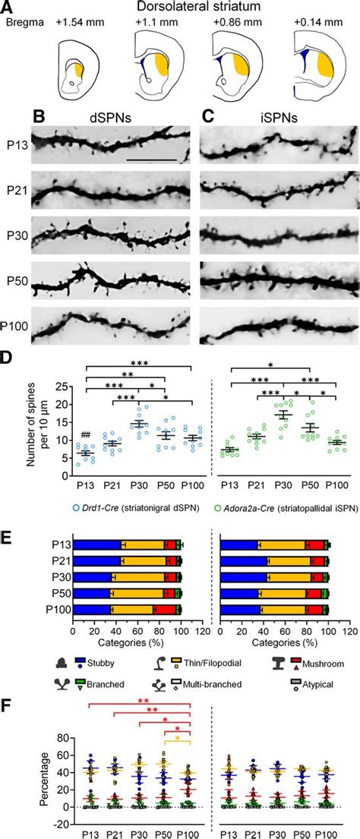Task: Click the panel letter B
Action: coord(44,119)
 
